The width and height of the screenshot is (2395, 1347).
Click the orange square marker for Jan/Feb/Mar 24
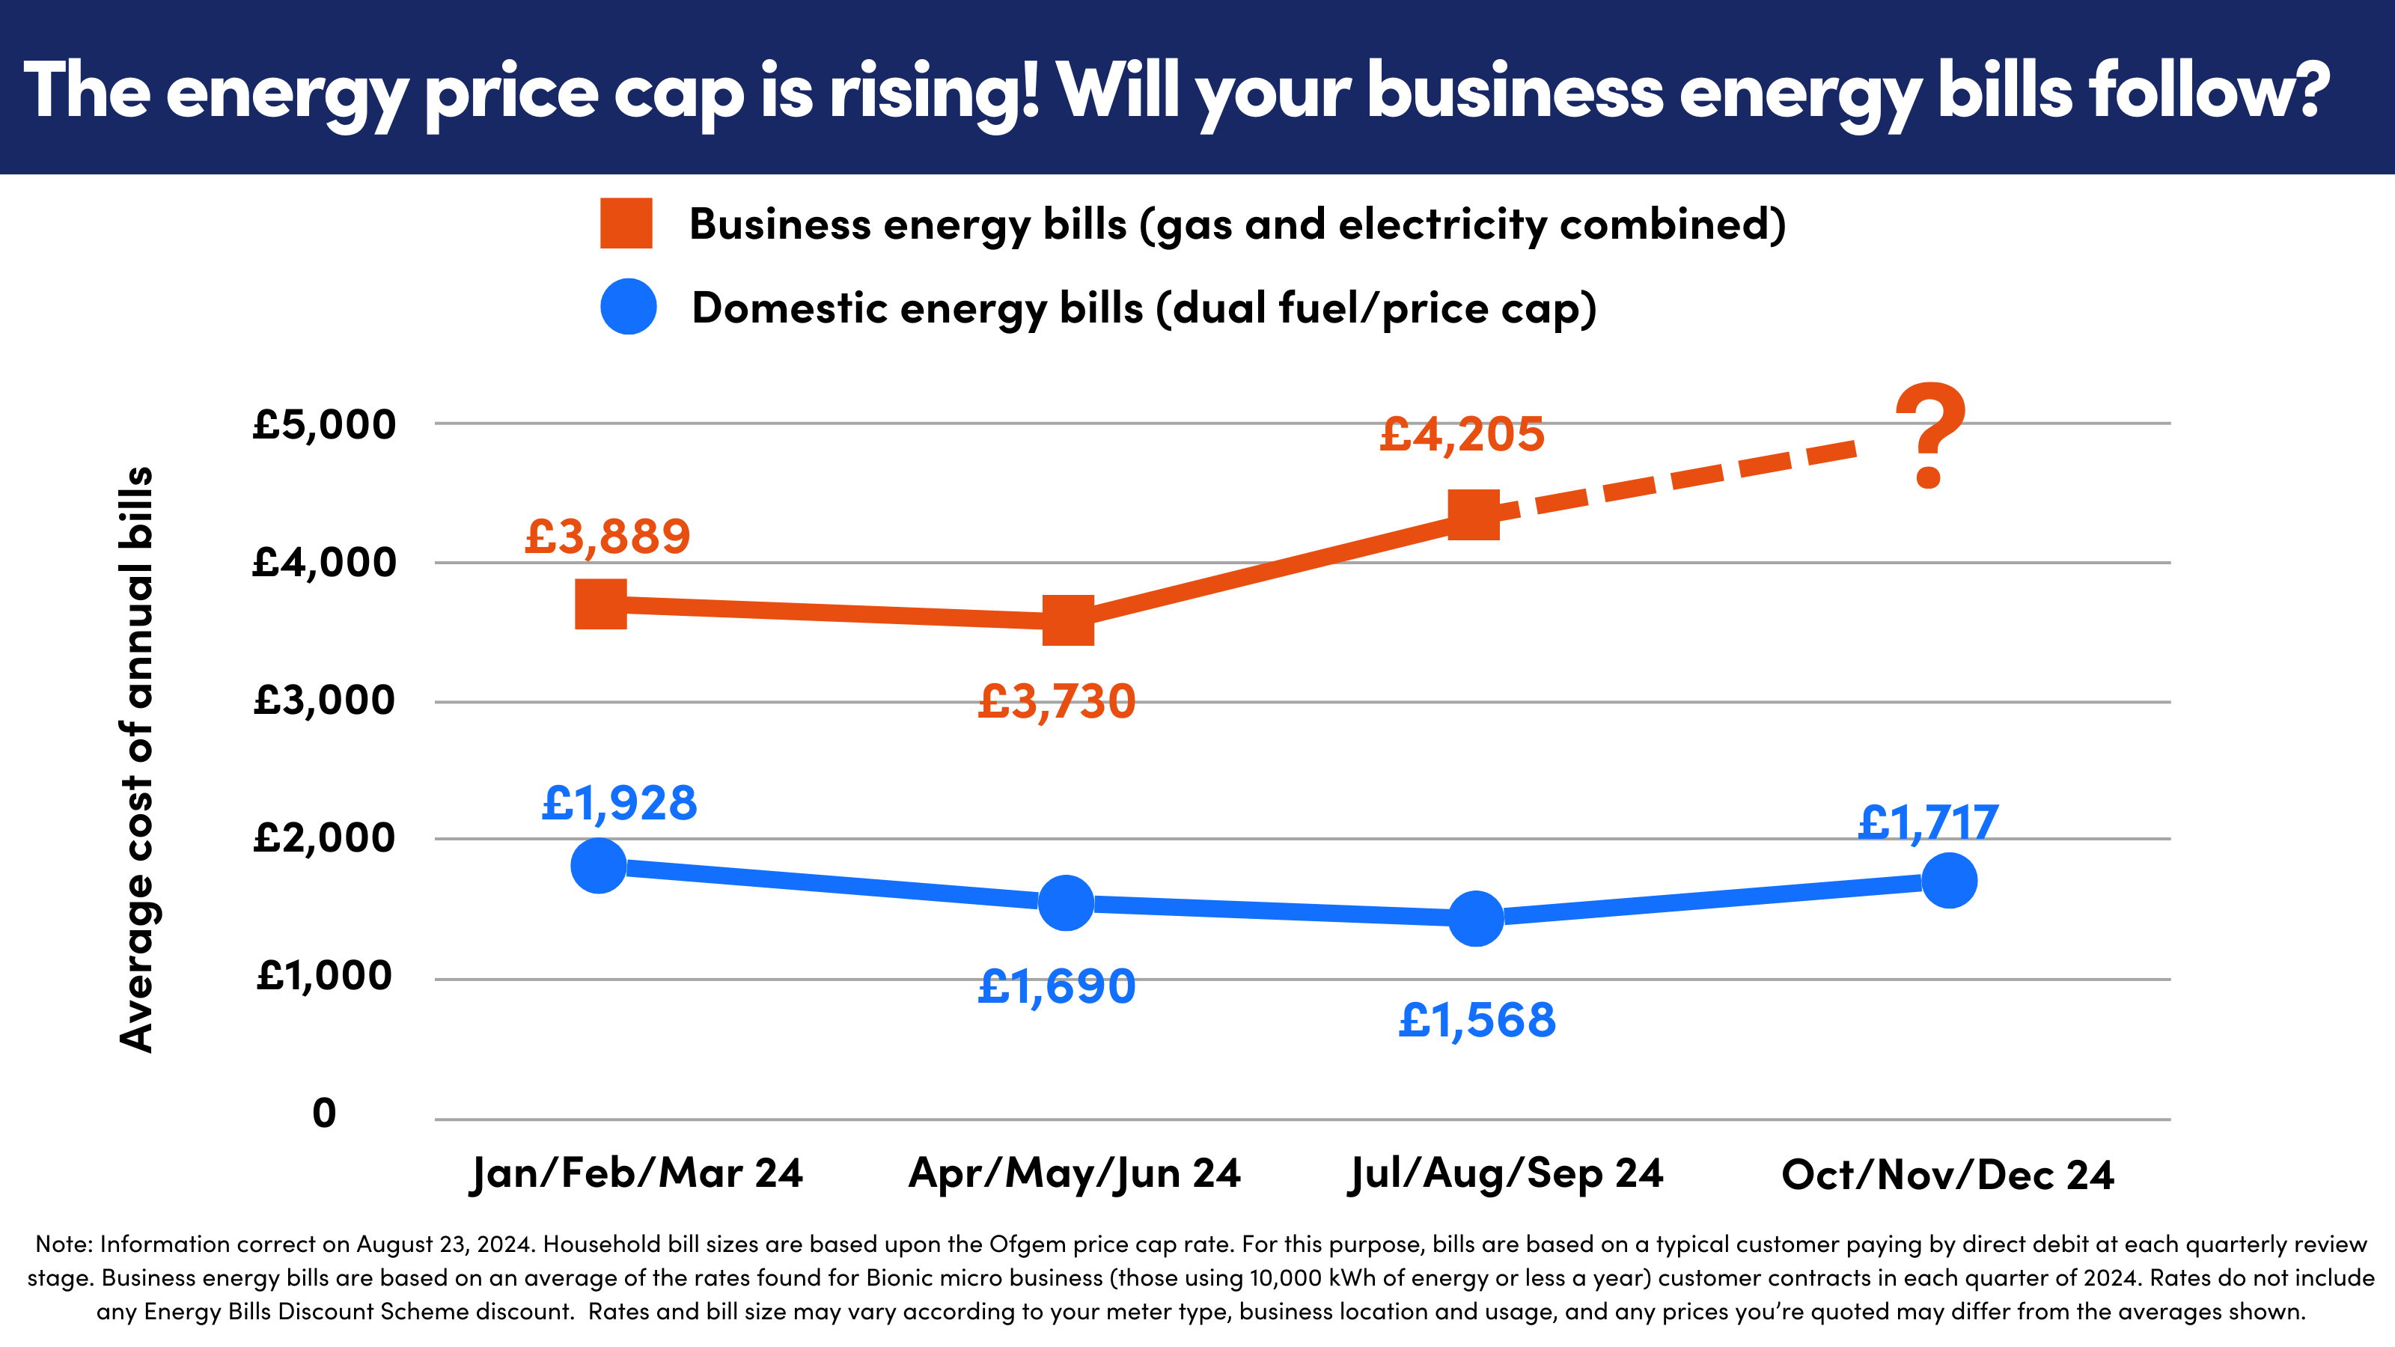click(x=600, y=604)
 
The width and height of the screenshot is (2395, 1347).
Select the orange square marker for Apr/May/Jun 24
click(x=1067, y=621)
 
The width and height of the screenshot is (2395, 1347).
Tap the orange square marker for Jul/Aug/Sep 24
click(x=1474, y=514)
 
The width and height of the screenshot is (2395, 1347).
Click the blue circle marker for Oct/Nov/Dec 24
click(x=1949, y=879)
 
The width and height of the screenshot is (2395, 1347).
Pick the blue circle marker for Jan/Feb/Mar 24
click(x=599, y=866)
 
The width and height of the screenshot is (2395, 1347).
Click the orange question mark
click(x=1930, y=435)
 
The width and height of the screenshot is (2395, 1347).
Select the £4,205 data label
click(x=1462, y=434)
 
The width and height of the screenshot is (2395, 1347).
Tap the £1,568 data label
click(x=1477, y=1021)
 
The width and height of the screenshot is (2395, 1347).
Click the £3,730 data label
click(x=1056, y=702)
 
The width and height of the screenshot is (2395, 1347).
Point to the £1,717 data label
click(x=1928, y=822)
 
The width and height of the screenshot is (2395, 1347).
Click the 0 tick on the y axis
click(x=325, y=1113)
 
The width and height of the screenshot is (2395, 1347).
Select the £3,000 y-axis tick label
click(x=325, y=700)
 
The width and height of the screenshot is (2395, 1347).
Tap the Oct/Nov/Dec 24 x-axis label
click(x=1947, y=1175)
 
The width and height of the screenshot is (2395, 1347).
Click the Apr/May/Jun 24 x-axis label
click(x=1074, y=1173)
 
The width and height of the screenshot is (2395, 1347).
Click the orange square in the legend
click(x=626, y=223)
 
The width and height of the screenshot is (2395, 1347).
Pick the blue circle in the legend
click(x=629, y=307)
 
